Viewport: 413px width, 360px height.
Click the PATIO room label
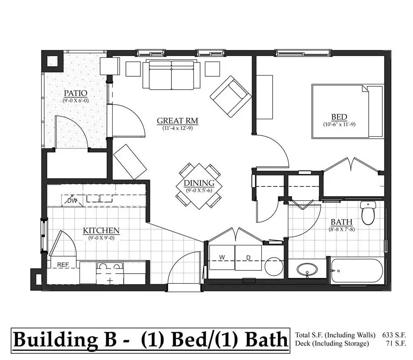click(x=75, y=93)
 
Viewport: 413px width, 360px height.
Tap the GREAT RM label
click(x=177, y=121)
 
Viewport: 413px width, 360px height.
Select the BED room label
click(x=339, y=117)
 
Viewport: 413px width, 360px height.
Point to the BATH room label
click(x=341, y=222)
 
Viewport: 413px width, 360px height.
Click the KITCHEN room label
click(x=101, y=230)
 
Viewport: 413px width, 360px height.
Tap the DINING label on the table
click(x=199, y=183)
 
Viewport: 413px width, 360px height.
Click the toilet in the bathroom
click(x=368, y=213)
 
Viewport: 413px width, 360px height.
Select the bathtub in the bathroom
click(x=357, y=271)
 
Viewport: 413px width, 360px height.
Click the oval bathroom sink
click(x=307, y=269)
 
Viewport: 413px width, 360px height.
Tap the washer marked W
click(x=222, y=257)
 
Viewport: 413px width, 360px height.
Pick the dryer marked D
click(x=248, y=258)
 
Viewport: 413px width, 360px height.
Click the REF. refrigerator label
click(x=63, y=265)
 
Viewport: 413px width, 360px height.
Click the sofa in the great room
click(x=171, y=75)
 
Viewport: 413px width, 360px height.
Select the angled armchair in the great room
click(x=230, y=96)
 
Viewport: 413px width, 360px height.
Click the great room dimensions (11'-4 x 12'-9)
click(x=177, y=128)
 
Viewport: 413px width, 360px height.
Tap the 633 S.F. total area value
click(x=394, y=335)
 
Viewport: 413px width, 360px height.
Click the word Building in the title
click(x=55, y=340)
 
